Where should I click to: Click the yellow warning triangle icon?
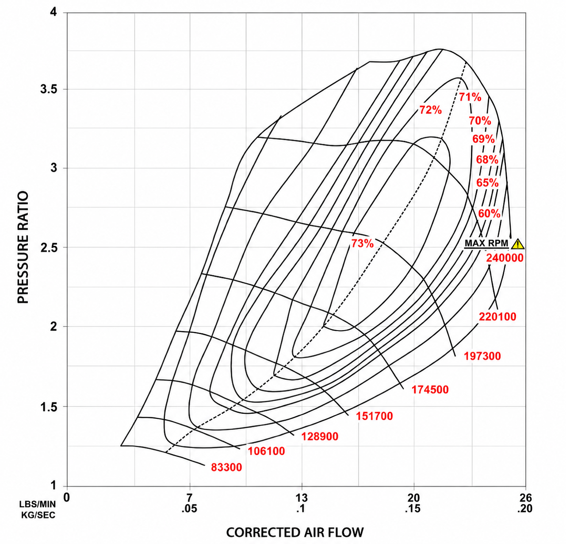pos(518,244)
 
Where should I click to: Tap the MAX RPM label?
pos(486,243)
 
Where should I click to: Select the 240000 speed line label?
pos(505,258)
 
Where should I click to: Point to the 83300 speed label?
pos(226,467)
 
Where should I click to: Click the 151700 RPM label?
pos(375,416)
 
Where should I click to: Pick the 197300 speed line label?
pos(482,356)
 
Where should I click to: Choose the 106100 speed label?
pos(266,451)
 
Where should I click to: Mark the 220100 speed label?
pos(497,317)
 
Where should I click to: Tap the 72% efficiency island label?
pos(430,110)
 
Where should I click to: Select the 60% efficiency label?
pos(489,214)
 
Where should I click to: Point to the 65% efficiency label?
pos(487,183)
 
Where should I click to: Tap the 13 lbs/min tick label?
pos(302,498)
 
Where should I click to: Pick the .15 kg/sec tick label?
pos(413,509)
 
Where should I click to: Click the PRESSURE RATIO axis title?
pos(23,247)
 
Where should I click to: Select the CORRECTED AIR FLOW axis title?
pos(295,532)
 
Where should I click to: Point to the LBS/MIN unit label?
pos(38,504)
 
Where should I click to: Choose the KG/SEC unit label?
pos(38,515)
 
